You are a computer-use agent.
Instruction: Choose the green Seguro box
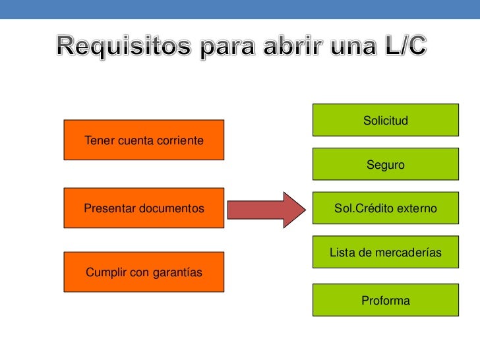pyautogui.click(x=385, y=164)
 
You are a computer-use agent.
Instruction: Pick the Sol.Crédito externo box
pyautogui.click(x=385, y=208)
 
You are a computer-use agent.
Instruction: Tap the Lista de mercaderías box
pyautogui.click(x=385, y=253)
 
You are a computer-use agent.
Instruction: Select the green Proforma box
pyautogui.click(x=385, y=301)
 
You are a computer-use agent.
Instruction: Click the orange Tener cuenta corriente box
pyautogui.click(x=144, y=140)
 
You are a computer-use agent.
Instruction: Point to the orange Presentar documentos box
pyautogui.click(x=144, y=208)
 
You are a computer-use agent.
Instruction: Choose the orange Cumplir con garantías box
pyautogui.click(x=144, y=272)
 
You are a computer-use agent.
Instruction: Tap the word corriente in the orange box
pyautogui.click(x=180, y=140)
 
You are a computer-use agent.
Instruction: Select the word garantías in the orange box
pyautogui.click(x=177, y=272)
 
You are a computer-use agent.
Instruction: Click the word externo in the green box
pyautogui.click(x=415, y=208)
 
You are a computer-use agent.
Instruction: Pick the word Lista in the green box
pyautogui.click(x=342, y=253)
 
